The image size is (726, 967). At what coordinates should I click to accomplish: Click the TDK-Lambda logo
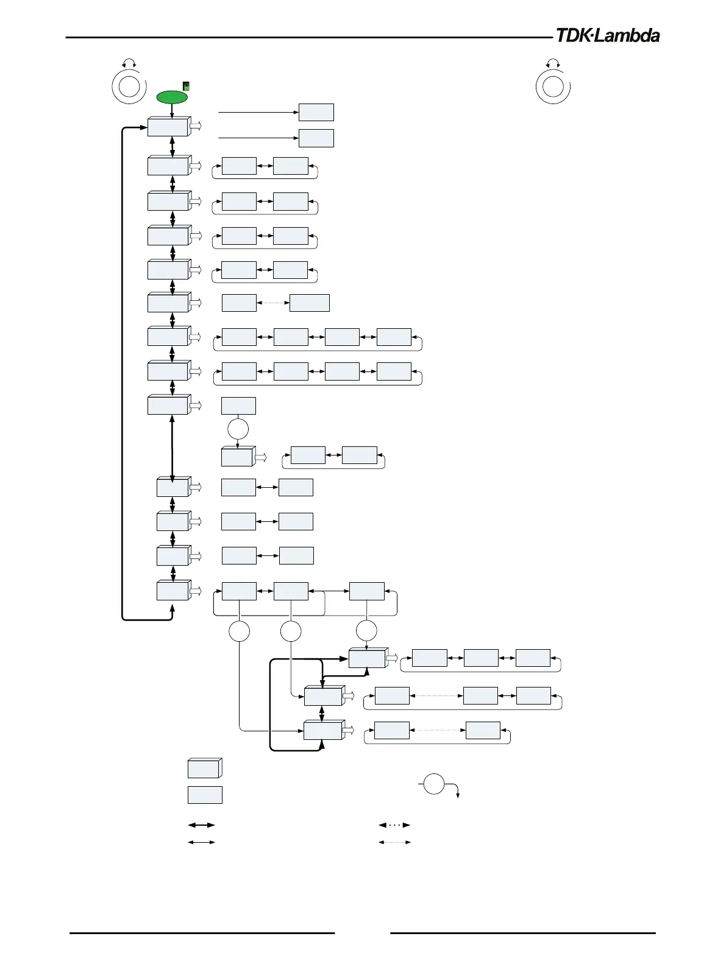(x=607, y=36)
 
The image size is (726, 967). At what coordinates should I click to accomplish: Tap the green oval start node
(x=173, y=97)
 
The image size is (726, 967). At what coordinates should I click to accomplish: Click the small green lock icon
(x=187, y=86)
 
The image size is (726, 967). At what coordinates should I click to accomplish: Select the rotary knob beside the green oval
(x=129, y=86)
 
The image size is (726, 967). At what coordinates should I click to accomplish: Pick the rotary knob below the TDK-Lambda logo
(x=553, y=86)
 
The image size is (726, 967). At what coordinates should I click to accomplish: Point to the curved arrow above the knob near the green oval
(x=129, y=63)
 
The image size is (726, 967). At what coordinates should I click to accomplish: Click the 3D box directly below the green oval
(x=168, y=127)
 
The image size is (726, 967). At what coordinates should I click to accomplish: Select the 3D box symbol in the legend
(x=204, y=768)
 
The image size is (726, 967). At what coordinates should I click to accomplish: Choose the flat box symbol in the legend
(x=205, y=795)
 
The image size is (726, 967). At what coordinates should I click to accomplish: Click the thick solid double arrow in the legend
(x=201, y=825)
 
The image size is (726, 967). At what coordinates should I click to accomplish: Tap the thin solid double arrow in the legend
(x=201, y=842)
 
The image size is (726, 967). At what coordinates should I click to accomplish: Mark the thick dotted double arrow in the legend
(x=394, y=825)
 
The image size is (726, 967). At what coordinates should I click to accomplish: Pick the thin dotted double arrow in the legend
(x=394, y=842)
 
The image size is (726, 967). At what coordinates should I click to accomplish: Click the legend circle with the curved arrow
(x=434, y=784)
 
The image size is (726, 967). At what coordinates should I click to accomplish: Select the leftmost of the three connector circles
(x=239, y=631)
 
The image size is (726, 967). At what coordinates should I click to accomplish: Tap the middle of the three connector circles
(x=291, y=631)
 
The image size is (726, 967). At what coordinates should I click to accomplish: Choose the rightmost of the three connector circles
(x=366, y=631)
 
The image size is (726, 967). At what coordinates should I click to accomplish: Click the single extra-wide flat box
(x=310, y=303)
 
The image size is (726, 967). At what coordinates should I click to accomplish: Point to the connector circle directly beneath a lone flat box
(x=238, y=429)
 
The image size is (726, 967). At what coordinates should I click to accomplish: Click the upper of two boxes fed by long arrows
(x=316, y=112)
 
